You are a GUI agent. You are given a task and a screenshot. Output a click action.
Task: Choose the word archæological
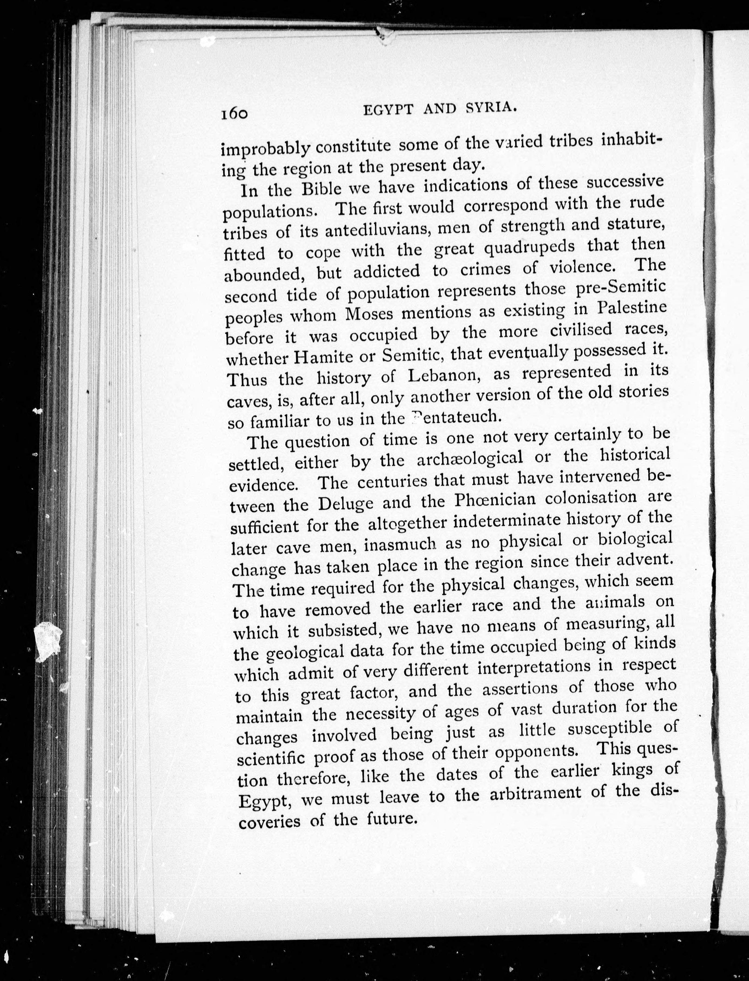469,458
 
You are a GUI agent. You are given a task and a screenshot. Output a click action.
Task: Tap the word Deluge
346,503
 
